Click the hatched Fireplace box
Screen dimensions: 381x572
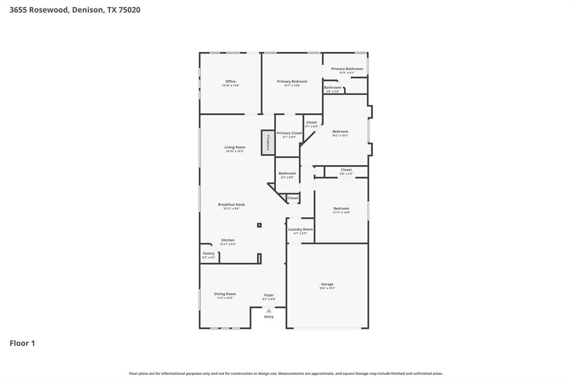268,142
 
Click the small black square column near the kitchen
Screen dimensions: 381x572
259,225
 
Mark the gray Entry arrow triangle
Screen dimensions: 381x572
269,311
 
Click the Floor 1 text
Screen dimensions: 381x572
22,343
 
